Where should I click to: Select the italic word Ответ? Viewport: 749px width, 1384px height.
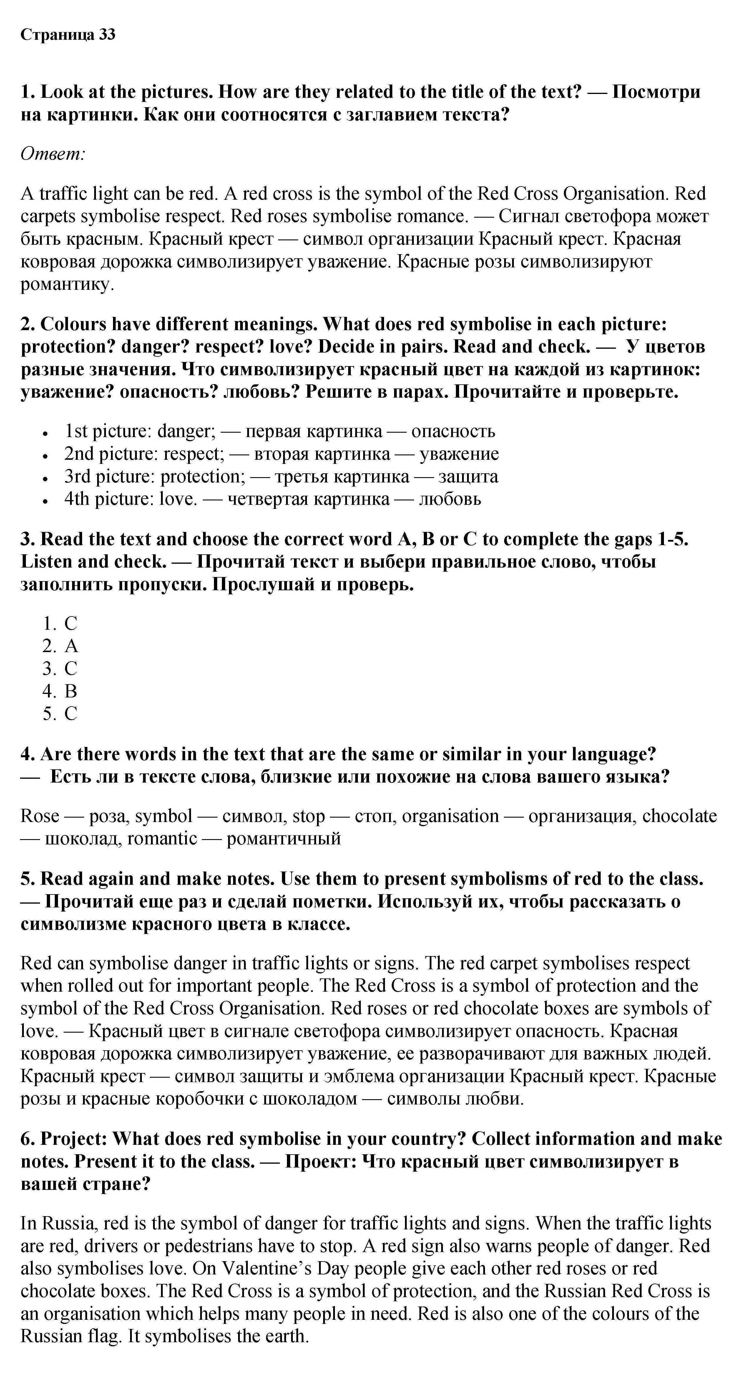click(53, 154)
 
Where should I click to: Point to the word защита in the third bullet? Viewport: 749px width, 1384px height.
click(468, 476)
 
